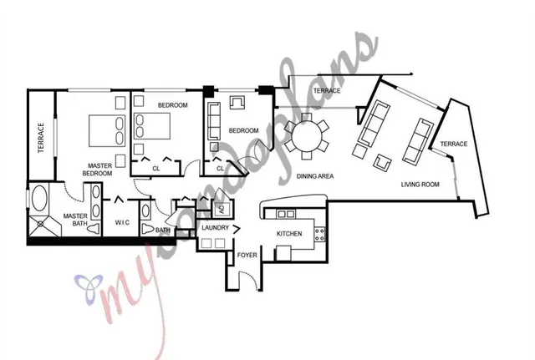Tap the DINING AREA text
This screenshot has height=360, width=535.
pyautogui.click(x=316, y=175)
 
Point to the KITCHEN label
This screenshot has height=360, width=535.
pyautogui.click(x=289, y=234)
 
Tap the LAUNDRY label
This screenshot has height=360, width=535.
pyautogui.click(x=216, y=226)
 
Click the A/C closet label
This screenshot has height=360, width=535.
pyautogui.click(x=222, y=209)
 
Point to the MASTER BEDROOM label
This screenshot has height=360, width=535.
pyautogui.click(x=98, y=169)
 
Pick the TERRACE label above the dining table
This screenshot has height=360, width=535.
pyautogui.click(x=327, y=91)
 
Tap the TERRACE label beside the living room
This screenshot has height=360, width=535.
pyautogui.click(x=454, y=145)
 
